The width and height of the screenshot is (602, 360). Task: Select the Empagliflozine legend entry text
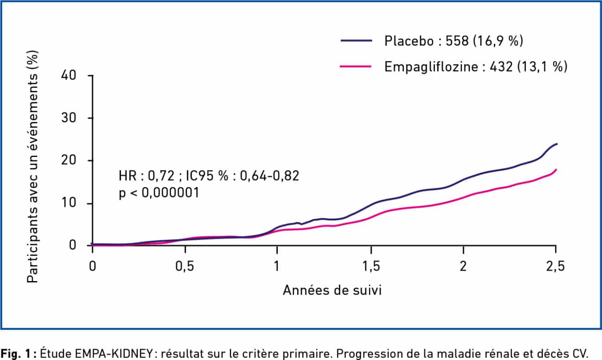[476, 67]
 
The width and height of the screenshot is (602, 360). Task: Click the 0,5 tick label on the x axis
[184, 266]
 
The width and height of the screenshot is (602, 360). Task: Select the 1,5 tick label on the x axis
[371, 266]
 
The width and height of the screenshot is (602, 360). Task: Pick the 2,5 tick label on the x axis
[555, 266]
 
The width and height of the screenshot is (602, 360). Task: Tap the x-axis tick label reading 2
[463, 266]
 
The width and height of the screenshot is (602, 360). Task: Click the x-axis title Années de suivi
[332, 291]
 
